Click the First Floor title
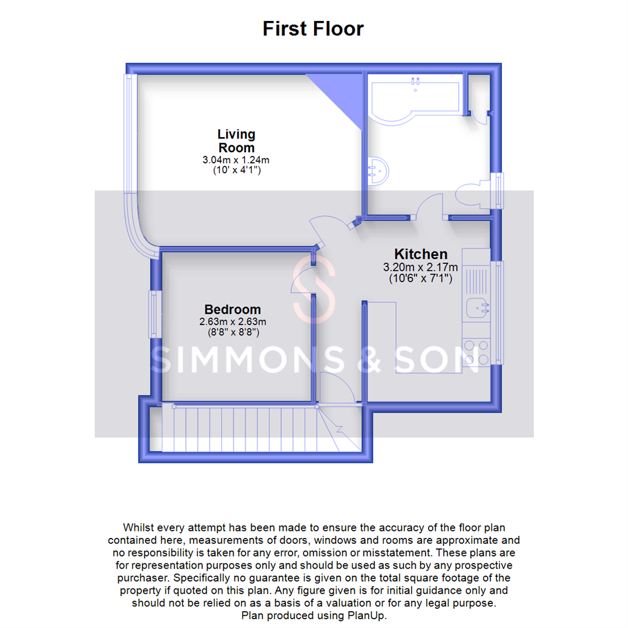pos(313,28)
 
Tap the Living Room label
pos(236,141)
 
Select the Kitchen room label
pos(421,254)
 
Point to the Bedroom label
pos(233,309)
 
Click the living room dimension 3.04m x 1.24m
pos(236,160)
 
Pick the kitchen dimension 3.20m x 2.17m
pos(421,267)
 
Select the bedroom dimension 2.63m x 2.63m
pos(233,322)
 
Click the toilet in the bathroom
pos(475,197)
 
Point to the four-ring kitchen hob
pos(477,352)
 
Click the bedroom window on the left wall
pos(154,314)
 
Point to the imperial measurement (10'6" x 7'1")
pos(421,279)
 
